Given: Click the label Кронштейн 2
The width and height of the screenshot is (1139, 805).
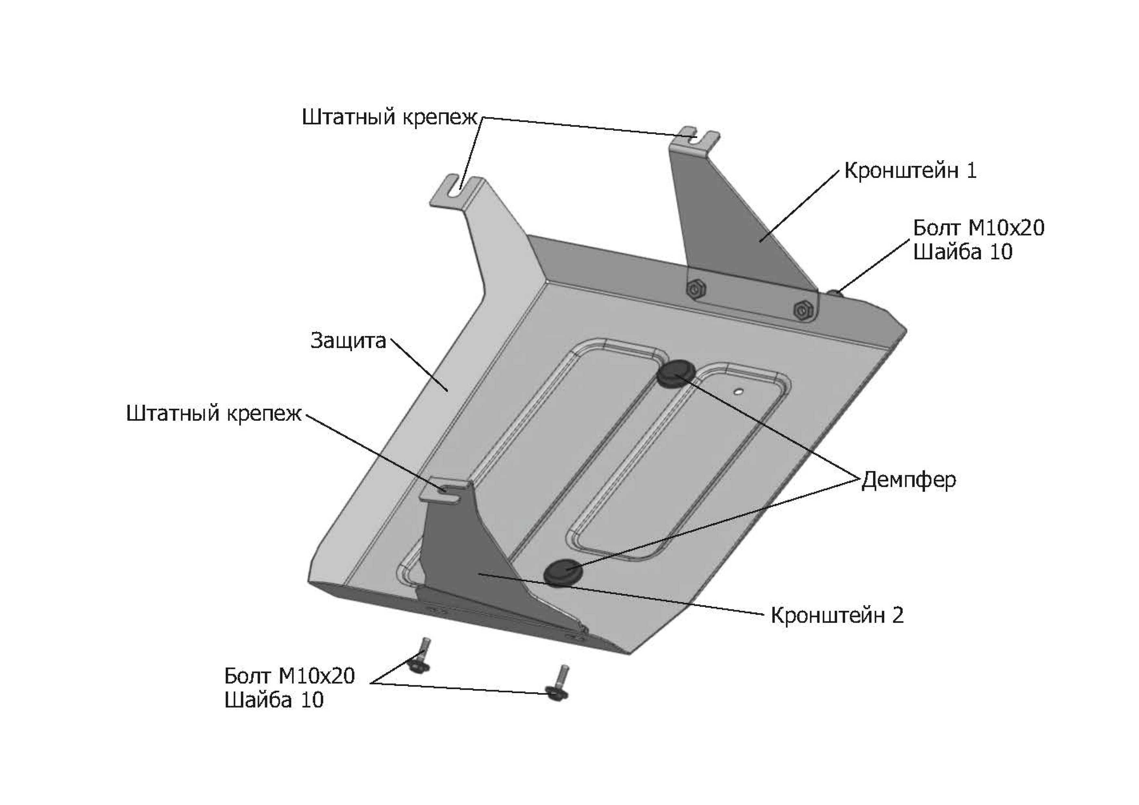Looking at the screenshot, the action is [x=837, y=615].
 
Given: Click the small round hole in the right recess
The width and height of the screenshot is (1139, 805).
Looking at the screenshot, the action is [x=739, y=392].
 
